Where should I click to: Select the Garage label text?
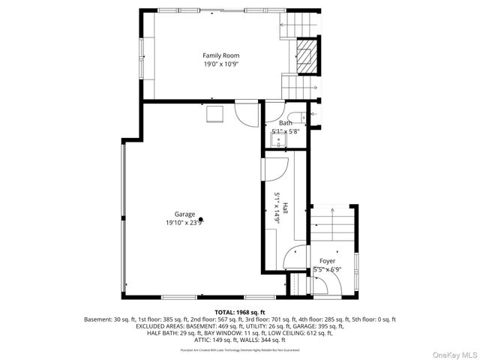tap(175, 214)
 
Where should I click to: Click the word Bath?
tap(285, 123)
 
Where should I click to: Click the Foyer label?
tap(327, 261)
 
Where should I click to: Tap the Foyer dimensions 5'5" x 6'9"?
tap(327, 269)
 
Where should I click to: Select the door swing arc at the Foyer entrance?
tap(323, 284)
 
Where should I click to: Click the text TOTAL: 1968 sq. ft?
tap(239, 311)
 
